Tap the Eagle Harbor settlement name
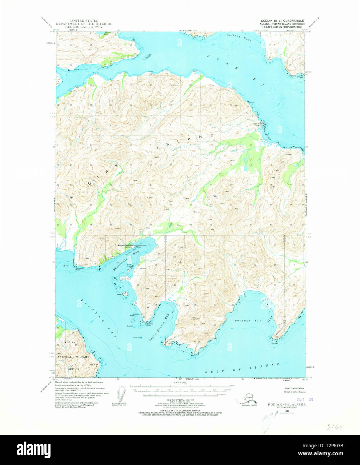tap(258, 124)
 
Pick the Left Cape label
tap(94, 365)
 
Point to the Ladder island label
tap(118, 295)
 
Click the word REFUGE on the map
tap(73, 369)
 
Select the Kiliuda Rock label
tap(137, 338)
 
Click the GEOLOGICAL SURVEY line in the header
tap(84, 27)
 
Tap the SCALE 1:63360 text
tap(180, 383)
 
